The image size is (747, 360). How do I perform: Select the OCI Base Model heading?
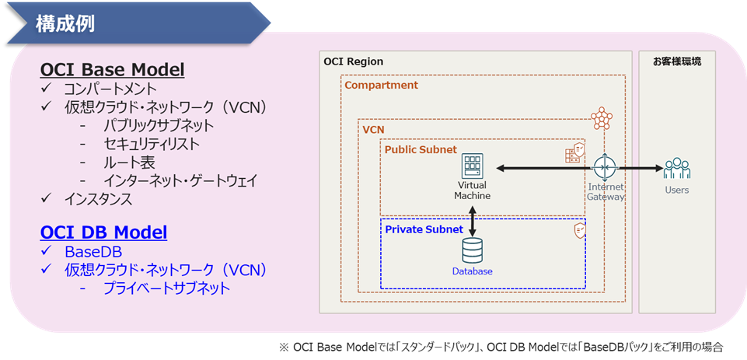(113, 71)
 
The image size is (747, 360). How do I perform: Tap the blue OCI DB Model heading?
(104, 232)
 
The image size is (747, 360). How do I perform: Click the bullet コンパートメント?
(110, 89)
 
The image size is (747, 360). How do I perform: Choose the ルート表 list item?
(129, 163)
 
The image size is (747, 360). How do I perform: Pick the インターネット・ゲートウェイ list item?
(180, 180)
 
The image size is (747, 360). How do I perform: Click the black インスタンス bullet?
(98, 199)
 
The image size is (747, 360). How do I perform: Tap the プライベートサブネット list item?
(167, 288)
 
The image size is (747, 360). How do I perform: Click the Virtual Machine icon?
(472, 166)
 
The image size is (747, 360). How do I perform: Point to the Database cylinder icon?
(472, 251)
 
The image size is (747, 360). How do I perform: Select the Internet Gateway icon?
(606, 167)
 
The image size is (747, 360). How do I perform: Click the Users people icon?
(677, 168)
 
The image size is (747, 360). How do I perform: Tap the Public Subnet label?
(421, 149)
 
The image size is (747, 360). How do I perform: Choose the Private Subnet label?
(424, 229)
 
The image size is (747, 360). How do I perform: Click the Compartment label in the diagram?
(381, 86)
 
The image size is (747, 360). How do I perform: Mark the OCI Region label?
(353, 61)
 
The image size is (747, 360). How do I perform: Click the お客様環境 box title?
(677, 62)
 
